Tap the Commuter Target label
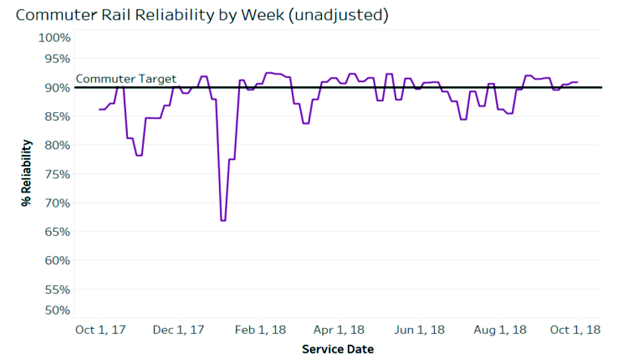click(x=126, y=79)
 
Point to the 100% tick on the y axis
click(x=54, y=38)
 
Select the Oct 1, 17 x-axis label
click(x=100, y=330)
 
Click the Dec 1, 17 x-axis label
click(x=179, y=330)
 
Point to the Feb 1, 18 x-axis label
click(x=260, y=330)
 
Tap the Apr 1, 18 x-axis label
click(x=339, y=330)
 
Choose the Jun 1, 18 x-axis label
click(x=419, y=330)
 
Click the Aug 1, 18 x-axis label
click(x=500, y=330)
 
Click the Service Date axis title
click(x=338, y=349)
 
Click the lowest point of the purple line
click(x=223, y=220)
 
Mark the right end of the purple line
click(x=577, y=82)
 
